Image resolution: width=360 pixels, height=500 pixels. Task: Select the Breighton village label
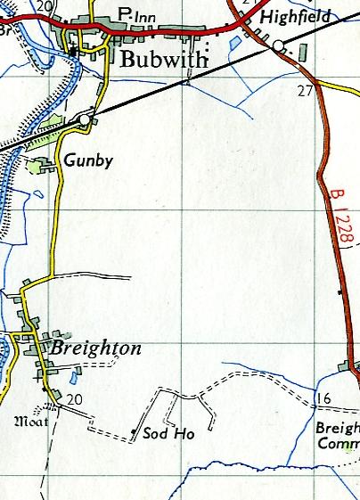[96, 348]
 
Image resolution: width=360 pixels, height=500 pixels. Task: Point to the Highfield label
[296, 17]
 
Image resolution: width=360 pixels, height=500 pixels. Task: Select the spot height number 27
[306, 90]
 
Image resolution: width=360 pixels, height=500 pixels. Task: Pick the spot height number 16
[323, 398]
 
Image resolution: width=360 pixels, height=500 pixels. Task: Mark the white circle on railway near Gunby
[84, 119]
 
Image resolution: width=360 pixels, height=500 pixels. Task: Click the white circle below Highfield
[278, 45]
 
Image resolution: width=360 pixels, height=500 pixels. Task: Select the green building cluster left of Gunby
[39, 165]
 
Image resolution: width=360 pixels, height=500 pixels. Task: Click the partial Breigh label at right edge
[338, 427]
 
